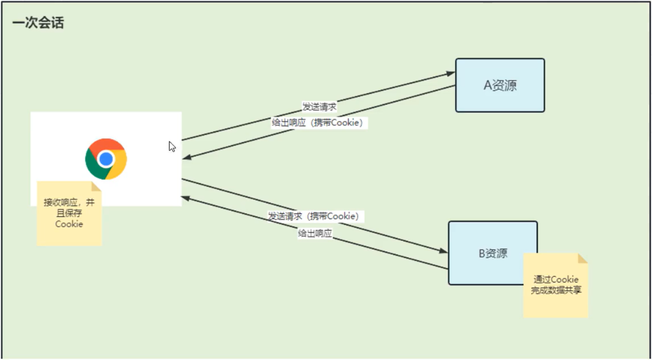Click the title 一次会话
(38, 23)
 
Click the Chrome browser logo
(106, 159)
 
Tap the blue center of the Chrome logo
(106, 159)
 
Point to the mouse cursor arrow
(172, 147)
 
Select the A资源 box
(500, 85)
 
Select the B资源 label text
(493, 253)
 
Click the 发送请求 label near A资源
(319, 107)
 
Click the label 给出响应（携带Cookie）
(318, 123)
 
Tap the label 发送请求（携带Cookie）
(315, 216)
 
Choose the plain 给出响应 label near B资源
(315, 233)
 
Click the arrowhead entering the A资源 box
(451, 73)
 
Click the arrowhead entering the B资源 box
(444, 251)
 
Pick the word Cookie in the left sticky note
(69, 224)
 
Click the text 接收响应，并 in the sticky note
(69, 202)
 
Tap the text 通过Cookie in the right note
(556, 279)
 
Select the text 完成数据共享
(556, 291)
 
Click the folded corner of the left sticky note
(96, 186)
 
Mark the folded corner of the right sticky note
(582, 258)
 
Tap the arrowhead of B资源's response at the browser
(185, 198)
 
